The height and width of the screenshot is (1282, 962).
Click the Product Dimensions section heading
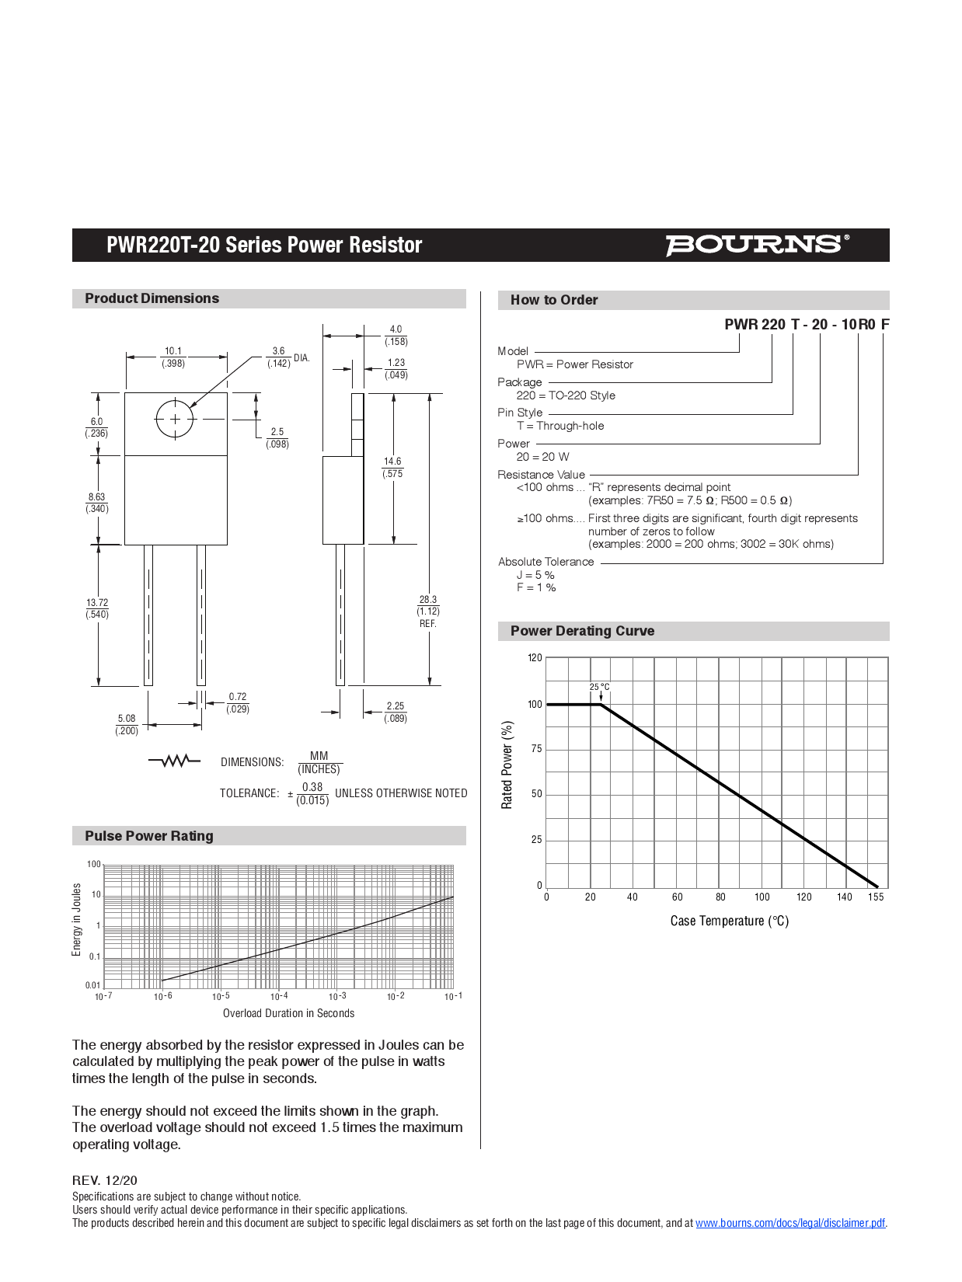152,298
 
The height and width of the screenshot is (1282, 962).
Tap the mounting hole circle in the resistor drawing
175,419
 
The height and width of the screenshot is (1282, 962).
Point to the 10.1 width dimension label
173,357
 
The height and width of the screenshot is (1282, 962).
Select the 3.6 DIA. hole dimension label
288,357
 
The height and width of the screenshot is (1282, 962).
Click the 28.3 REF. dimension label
428,611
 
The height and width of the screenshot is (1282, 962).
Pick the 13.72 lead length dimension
97,608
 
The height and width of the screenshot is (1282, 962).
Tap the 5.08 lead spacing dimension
127,724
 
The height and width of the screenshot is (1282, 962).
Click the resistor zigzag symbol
174,761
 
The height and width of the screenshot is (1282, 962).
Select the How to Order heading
554,300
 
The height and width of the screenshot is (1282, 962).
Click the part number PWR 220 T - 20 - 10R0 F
807,324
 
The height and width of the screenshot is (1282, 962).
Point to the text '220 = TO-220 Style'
566,395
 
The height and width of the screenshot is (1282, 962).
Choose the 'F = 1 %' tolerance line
536,588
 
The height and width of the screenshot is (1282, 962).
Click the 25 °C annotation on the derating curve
599,687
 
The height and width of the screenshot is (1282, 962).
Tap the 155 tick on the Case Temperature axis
876,897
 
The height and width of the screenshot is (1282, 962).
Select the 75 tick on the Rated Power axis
536,749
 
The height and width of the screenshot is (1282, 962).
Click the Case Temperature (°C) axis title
729,921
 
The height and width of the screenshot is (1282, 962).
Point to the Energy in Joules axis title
77,919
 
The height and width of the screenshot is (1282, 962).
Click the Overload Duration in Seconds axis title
288,1013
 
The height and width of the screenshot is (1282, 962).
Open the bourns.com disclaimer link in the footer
789,1223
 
